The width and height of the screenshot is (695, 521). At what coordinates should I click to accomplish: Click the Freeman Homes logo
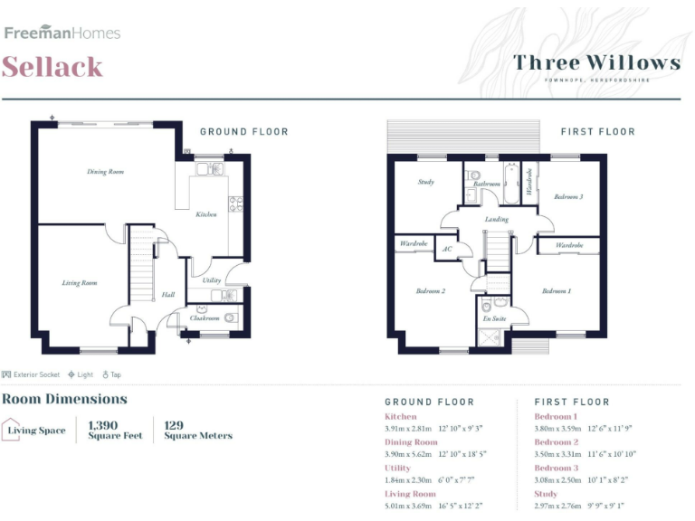(x=62, y=33)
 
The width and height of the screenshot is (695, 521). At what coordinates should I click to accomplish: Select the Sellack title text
(x=52, y=67)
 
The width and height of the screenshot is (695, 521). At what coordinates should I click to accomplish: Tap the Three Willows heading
(x=596, y=62)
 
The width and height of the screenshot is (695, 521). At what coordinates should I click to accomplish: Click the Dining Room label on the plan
(x=105, y=171)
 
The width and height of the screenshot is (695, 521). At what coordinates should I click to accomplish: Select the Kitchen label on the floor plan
(x=206, y=214)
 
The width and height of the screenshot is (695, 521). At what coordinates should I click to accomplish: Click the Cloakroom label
(x=205, y=318)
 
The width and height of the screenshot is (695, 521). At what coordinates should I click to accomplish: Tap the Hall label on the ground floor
(x=167, y=295)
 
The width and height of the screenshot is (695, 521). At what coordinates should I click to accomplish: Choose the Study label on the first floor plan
(x=425, y=182)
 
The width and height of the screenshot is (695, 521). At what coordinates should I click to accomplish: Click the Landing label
(x=496, y=219)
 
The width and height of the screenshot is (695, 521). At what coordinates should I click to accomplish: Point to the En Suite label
(x=493, y=318)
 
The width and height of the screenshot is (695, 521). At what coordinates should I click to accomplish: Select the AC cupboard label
(x=446, y=250)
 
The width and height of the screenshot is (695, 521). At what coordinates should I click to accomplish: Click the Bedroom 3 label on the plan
(x=568, y=196)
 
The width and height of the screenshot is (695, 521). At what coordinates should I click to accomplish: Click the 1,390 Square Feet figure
(x=114, y=430)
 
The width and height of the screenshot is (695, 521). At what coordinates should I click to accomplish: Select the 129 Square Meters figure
(x=197, y=430)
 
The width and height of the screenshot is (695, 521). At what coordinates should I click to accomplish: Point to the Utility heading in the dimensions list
(x=397, y=469)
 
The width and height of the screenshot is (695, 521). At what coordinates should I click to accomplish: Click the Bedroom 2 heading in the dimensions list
(x=556, y=442)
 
